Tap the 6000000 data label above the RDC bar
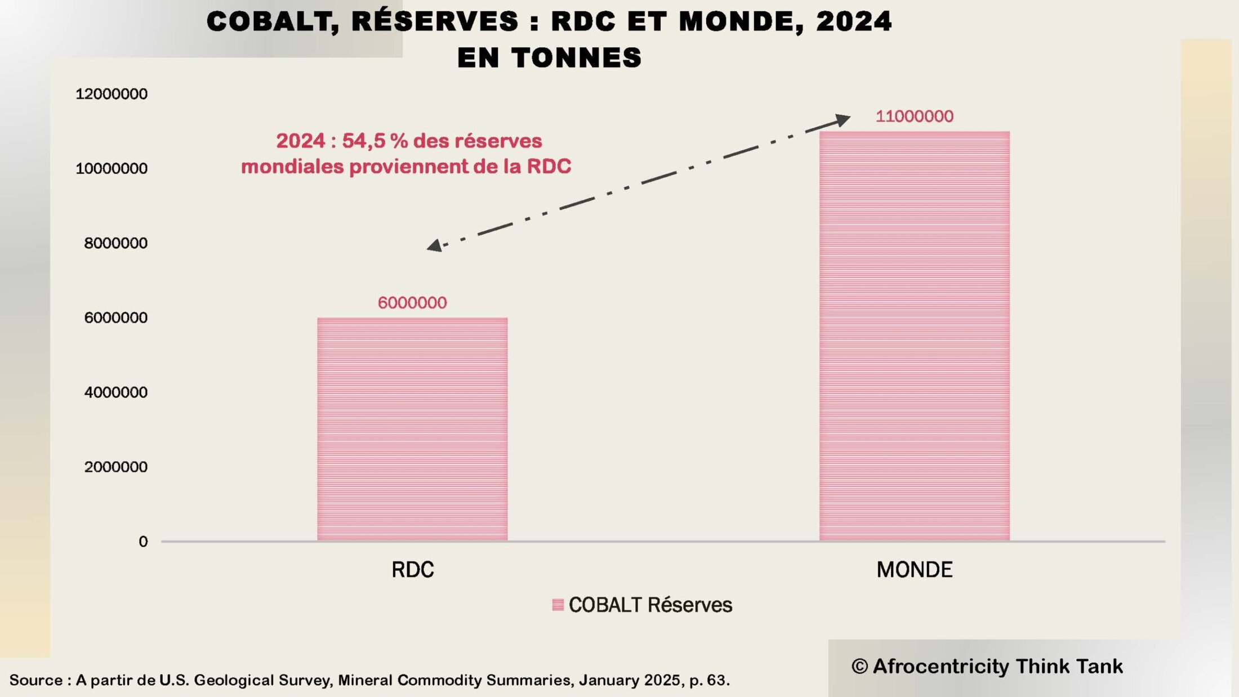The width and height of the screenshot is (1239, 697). pyautogui.click(x=412, y=303)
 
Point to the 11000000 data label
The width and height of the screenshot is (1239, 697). pyautogui.click(x=914, y=117)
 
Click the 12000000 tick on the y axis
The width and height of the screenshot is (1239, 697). pyautogui.click(x=112, y=94)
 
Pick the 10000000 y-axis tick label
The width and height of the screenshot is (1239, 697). pyautogui.click(x=112, y=168)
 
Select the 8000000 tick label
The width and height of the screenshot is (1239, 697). pyautogui.click(x=115, y=243)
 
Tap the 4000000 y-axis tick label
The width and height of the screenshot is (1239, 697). pyautogui.click(x=115, y=392)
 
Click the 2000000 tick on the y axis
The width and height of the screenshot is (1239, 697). pyautogui.click(x=115, y=467)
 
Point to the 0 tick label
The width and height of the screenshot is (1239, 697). pyautogui.click(x=143, y=542)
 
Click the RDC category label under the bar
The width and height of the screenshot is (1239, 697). pyautogui.click(x=412, y=570)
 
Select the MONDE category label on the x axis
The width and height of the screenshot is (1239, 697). pyautogui.click(x=914, y=570)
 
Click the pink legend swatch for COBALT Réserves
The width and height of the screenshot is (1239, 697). pyautogui.click(x=558, y=605)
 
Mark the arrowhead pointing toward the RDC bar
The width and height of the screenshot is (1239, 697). pyautogui.click(x=434, y=245)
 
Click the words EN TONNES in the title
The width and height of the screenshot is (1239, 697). pyautogui.click(x=549, y=57)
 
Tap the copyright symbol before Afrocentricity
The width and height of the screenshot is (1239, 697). pyautogui.click(x=859, y=667)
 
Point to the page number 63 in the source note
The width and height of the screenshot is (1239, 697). pyautogui.click(x=717, y=680)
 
